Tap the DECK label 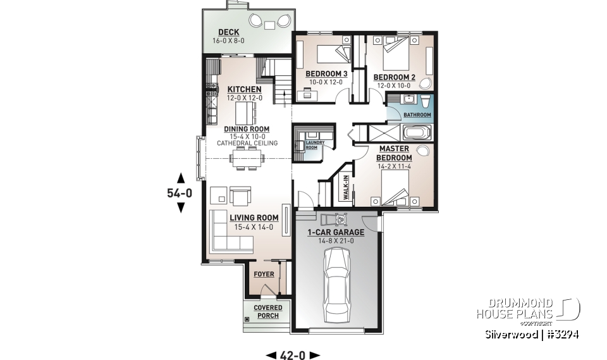point(228,32)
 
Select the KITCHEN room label point(240,89)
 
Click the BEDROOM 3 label point(325,74)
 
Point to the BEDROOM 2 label point(395,77)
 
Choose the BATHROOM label point(418,115)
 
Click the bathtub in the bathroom point(416,133)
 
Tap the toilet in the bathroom point(426,101)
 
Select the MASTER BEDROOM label point(394,153)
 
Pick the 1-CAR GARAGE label point(335,232)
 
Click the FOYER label point(264,275)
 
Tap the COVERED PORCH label point(268,311)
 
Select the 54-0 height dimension point(181,192)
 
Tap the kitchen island point(243,114)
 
